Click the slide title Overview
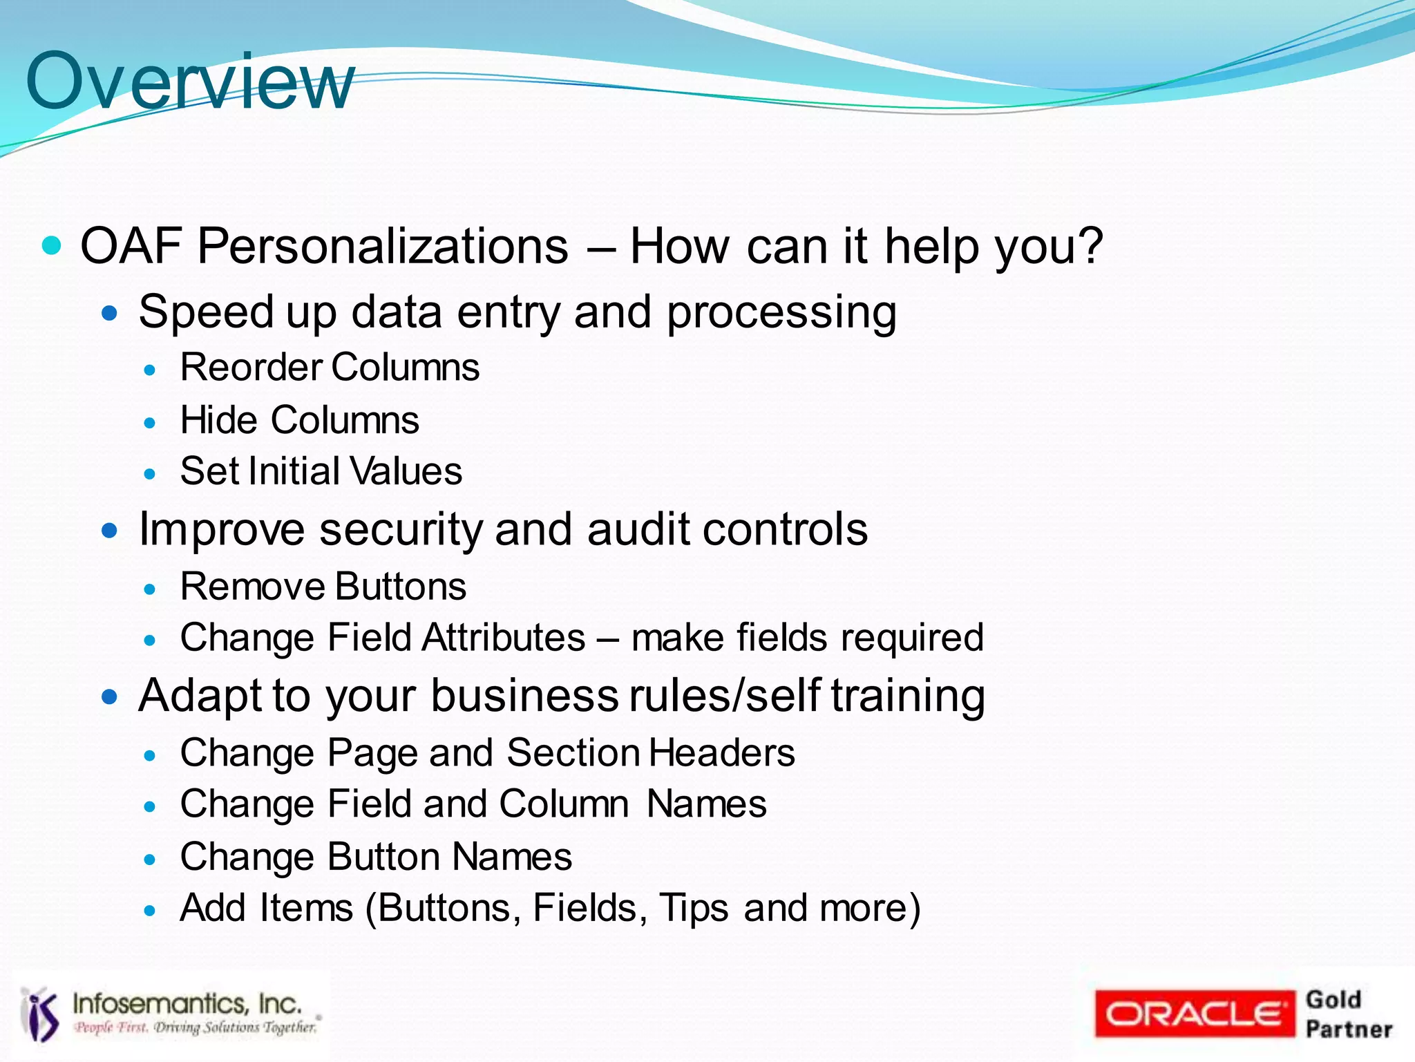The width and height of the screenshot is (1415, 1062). [x=190, y=82]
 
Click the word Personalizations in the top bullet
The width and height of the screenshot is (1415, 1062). [x=383, y=246]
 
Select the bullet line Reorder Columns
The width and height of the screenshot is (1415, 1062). [x=330, y=367]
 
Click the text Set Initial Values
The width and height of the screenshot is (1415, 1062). [x=321, y=471]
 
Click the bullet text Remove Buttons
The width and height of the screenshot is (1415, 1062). [x=323, y=587]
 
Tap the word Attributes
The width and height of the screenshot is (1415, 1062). [x=504, y=637]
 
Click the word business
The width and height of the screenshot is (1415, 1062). [x=524, y=695]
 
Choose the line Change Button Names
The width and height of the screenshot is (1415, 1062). [x=376, y=857]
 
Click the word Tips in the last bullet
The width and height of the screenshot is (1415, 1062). [x=693, y=908]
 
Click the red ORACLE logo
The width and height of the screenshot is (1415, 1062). [x=1194, y=1014]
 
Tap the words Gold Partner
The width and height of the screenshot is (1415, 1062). [x=1348, y=1014]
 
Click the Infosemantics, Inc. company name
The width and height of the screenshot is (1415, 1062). [x=187, y=1003]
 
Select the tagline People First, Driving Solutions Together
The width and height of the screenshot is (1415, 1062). [x=196, y=1027]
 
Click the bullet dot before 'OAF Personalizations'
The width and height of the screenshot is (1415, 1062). [x=52, y=245]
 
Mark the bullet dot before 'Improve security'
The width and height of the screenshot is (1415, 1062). [x=110, y=531]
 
